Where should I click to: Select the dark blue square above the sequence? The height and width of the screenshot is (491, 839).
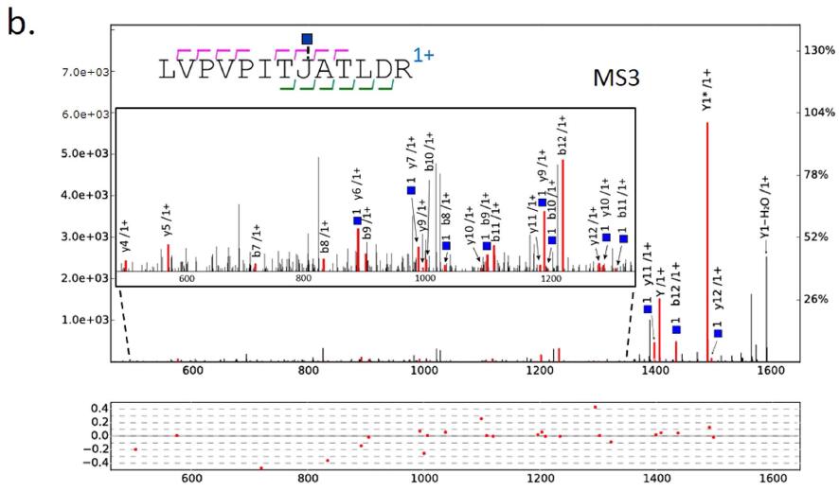(x=307, y=39)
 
